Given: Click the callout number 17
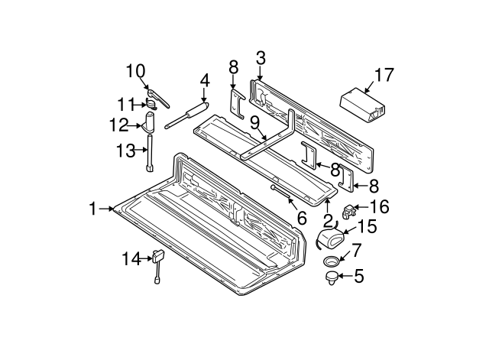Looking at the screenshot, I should (x=384, y=75).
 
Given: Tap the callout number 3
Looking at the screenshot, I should (x=261, y=57).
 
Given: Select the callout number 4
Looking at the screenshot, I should (x=204, y=79).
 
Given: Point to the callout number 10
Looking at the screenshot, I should (x=135, y=72).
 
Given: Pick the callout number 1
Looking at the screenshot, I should (x=93, y=208).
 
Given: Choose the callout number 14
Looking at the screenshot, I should (x=132, y=259).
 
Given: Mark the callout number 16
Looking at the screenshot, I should (x=379, y=206).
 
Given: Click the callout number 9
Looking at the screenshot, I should (x=254, y=122).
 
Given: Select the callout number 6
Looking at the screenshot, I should (x=301, y=218).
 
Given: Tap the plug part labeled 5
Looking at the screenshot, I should (x=332, y=277).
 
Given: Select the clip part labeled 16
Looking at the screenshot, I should (x=352, y=208).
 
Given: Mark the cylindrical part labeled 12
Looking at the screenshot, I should (x=151, y=122).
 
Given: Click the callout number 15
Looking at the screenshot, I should (x=368, y=227).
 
